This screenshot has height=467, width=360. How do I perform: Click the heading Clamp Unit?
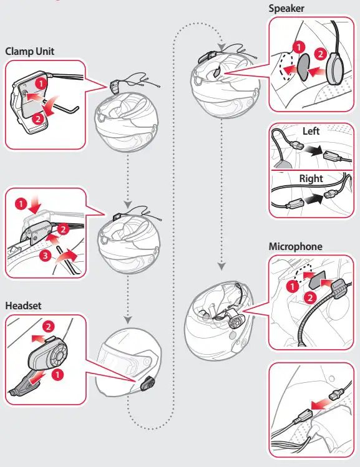coord(30,51)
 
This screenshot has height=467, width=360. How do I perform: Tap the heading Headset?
coord(23,306)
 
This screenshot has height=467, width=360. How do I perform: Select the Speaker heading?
coord(286,9)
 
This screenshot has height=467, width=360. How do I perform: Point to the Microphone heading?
coord(295,247)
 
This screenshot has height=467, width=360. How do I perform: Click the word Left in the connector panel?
coord(311,131)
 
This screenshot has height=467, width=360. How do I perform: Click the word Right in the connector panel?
coord(311,178)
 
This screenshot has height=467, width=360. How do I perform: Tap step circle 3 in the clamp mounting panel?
coord(45,255)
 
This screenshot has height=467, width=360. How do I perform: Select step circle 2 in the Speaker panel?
coord(320,54)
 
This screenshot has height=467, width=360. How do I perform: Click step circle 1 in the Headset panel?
coord(57,374)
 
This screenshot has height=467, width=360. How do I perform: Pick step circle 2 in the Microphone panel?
coord(310,297)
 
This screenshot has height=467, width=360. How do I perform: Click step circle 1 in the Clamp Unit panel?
coord(41,84)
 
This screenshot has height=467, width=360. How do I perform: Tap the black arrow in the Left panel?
coord(313,150)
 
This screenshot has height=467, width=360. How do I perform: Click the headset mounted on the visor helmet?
coord(147,384)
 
